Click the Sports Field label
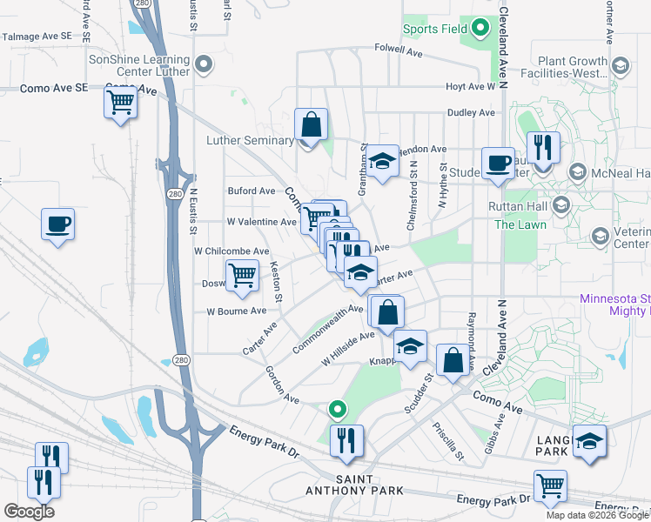pyautogui.click(x=434, y=29)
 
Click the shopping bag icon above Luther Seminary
pyautogui.click(x=311, y=125)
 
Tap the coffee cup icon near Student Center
pyautogui.click(x=498, y=164)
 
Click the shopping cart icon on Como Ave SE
pyautogui.click(x=120, y=103)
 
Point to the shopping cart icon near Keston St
pyautogui.click(x=242, y=277)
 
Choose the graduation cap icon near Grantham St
pyautogui.click(x=381, y=161)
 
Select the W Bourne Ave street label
pyautogui.click(x=236, y=311)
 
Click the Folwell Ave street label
pyautogui.click(x=398, y=50)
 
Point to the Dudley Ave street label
pyautogui.click(x=471, y=112)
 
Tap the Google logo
pyautogui.click(x=29, y=511)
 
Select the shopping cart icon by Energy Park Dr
pyautogui.click(x=550, y=486)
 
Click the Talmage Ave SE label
pyautogui.click(x=37, y=37)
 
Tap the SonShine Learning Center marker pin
pyautogui.click(x=205, y=64)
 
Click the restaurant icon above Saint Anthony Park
pyautogui.click(x=346, y=441)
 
